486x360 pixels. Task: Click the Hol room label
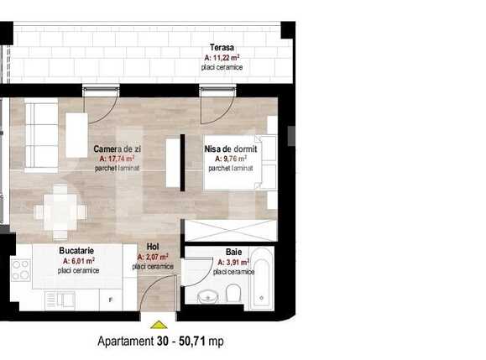[153, 248]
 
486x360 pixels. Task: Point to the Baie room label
[233, 252]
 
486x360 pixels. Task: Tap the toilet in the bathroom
[234, 293]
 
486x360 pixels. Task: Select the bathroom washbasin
[207, 296]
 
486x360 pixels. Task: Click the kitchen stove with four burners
[20, 269]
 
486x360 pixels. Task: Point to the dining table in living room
[60, 210]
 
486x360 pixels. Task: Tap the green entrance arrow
[158, 324]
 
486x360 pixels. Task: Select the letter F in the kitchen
[110, 299]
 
